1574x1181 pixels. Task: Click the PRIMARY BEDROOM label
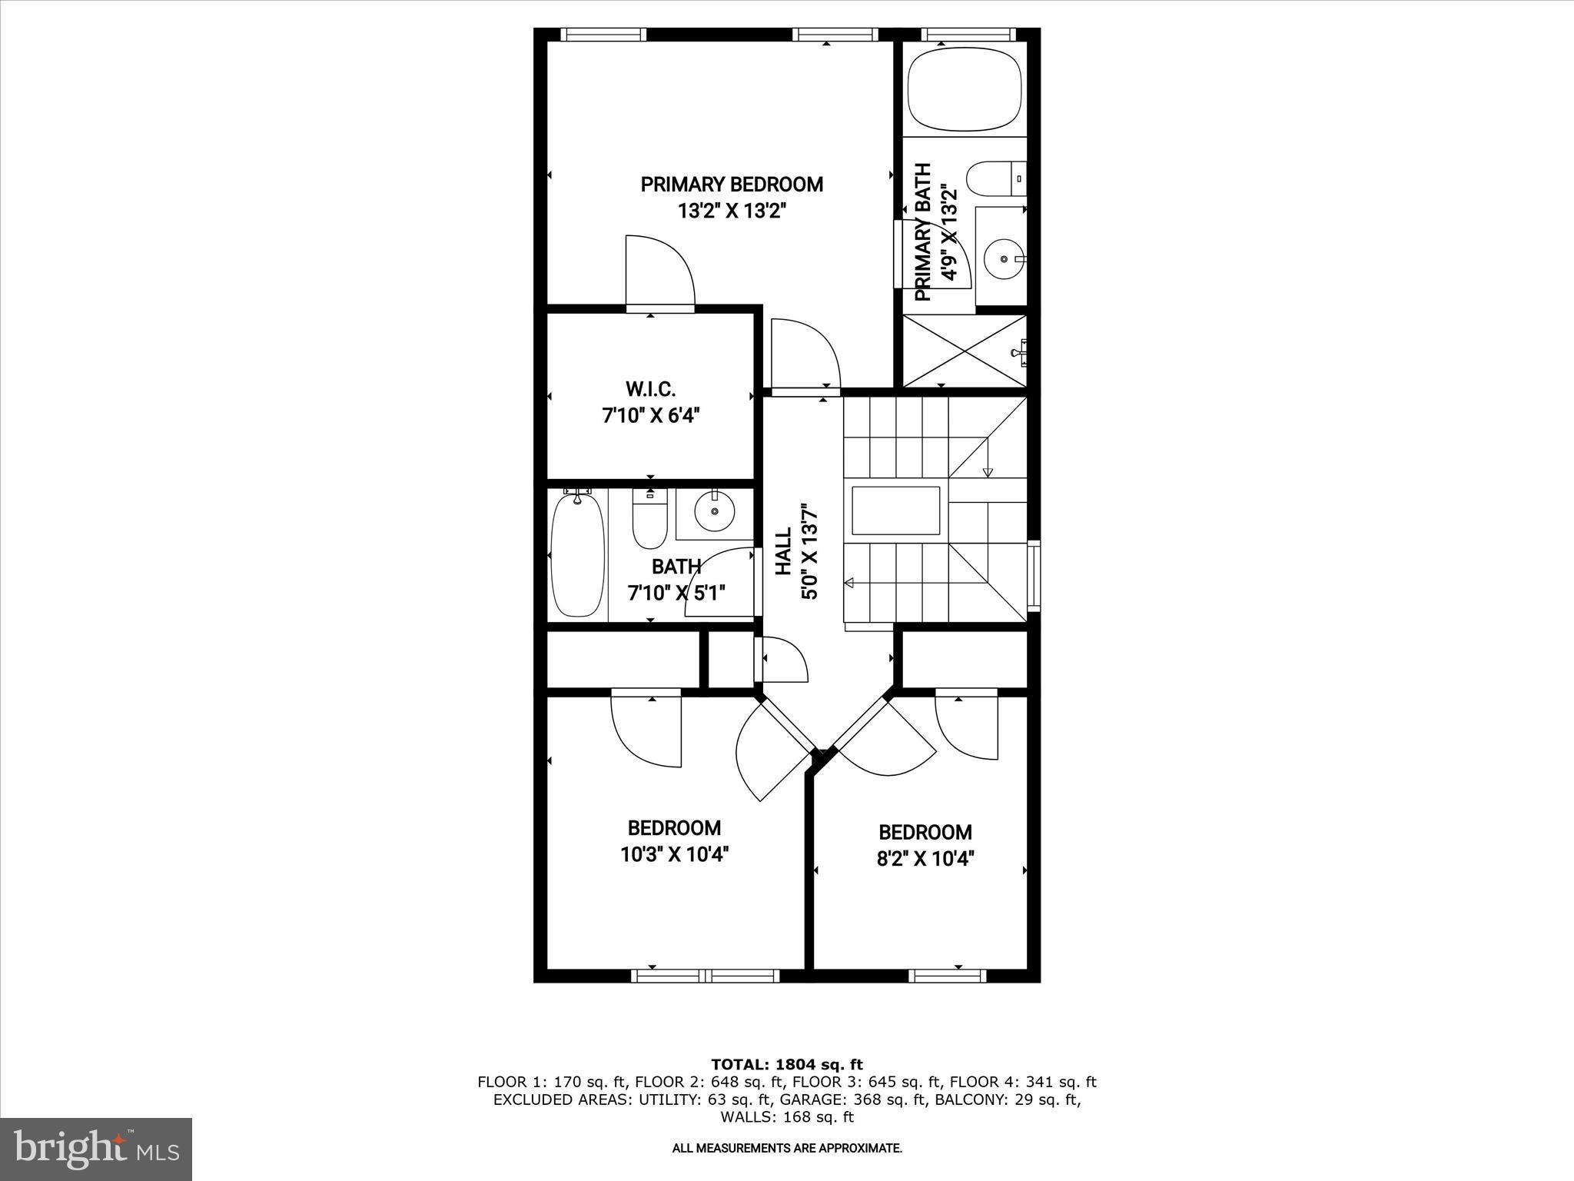(x=732, y=185)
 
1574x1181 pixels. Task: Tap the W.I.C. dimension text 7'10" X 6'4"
(x=650, y=416)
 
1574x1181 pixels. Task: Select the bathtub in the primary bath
(x=965, y=89)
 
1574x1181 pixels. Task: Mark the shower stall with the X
(x=964, y=351)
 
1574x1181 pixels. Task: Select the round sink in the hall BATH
(x=714, y=511)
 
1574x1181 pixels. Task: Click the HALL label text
(x=783, y=551)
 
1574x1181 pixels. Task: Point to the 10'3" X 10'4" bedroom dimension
(x=674, y=854)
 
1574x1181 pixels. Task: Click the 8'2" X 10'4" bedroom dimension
(x=925, y=858)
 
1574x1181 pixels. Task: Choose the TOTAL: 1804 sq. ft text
(x=786, y=1065)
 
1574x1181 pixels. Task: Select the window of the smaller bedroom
(x=947, y=976)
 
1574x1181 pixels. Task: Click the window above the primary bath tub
(x=968, y=35)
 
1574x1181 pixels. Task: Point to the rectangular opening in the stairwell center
(x=895, y=511)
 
